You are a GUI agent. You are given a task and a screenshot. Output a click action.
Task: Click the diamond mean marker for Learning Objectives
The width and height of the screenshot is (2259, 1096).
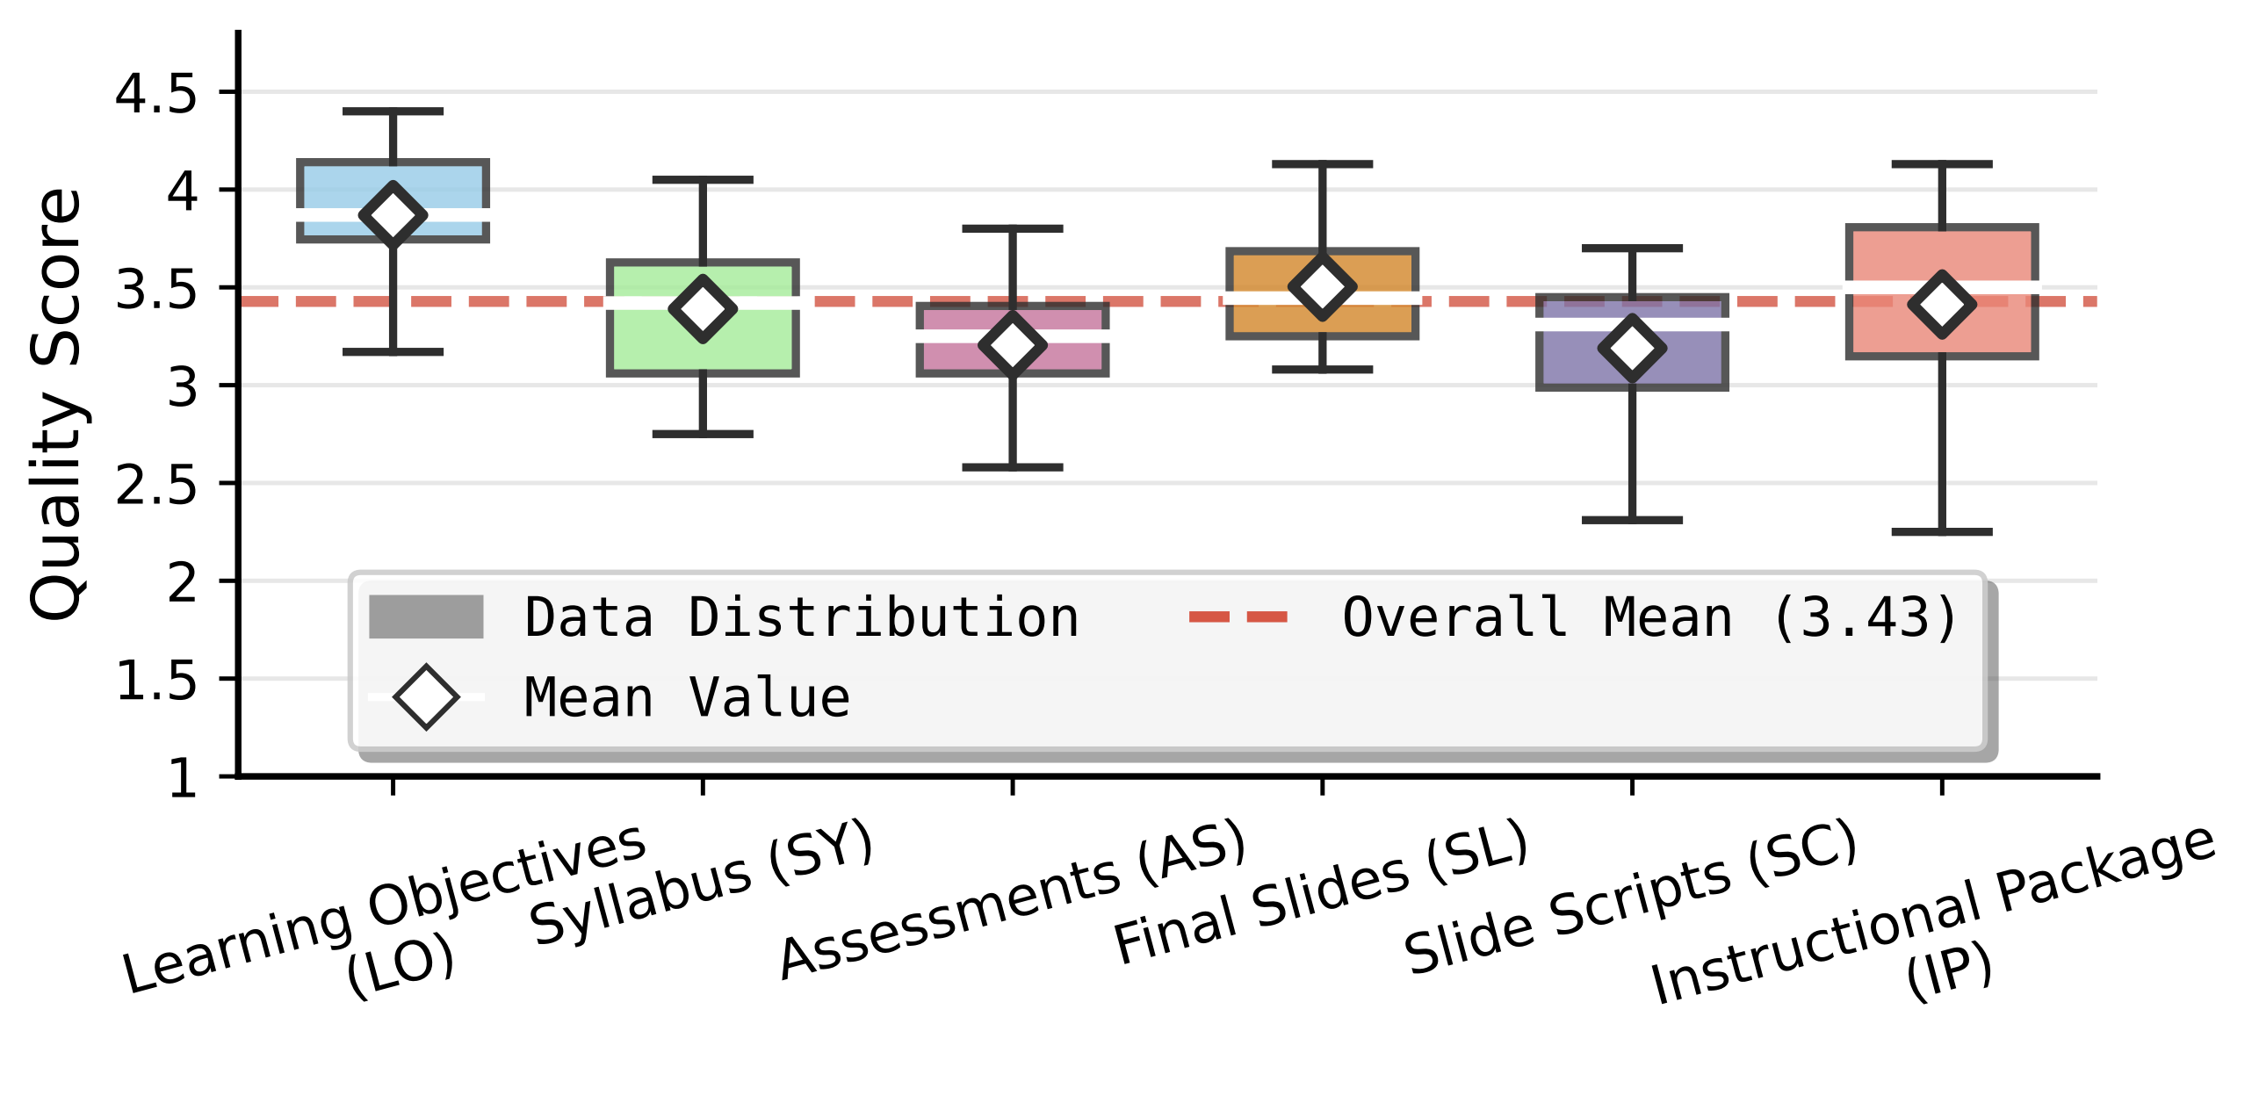pyautogui.click(x=393, y=215)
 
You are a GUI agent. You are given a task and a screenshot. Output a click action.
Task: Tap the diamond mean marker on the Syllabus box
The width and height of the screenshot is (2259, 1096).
pyautogui.click(x=703, y=308)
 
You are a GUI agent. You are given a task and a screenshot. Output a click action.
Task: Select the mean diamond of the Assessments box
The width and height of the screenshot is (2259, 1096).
pyautogui.click(x=1013, y=344)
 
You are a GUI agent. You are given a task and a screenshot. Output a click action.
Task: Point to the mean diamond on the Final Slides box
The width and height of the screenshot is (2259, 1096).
pyautogui.click(x=1322, y=287)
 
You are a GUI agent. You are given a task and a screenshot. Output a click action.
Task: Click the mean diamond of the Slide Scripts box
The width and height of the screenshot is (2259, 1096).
pyautogui.click(x=1632, y=349)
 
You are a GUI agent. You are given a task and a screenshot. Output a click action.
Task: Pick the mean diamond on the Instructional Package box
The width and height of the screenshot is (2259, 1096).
pyautogui.click(x=1942, y=305)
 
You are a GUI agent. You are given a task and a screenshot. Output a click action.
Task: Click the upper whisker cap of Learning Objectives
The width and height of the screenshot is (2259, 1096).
pyautogui.click(x=393, y=112)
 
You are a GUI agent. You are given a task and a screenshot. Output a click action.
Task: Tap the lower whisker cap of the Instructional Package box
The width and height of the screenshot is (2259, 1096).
pyautogui.click(x=1942, y=532)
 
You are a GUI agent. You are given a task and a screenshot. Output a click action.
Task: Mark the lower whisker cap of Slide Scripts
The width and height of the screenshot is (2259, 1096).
pyautogui.click(x=1632, y=521)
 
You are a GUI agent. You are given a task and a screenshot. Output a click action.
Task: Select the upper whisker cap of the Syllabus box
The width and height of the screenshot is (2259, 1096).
pyautogui.click(x=703, y=180)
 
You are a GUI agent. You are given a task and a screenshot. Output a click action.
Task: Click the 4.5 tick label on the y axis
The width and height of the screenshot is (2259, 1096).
pyautogui.click(x=156, y=93)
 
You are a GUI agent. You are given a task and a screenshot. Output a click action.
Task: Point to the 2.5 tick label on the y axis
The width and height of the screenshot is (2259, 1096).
pyautogui.click(x=156, y=485)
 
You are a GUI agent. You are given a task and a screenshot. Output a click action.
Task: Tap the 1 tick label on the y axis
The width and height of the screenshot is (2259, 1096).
pyautogui.click(x=183, y=778)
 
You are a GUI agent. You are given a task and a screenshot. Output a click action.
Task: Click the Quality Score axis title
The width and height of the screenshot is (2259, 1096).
pyautogui.click(x=56, y=404)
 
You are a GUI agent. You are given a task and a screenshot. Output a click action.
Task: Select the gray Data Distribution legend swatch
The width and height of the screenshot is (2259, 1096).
pyautogui.click(x=426, y=616)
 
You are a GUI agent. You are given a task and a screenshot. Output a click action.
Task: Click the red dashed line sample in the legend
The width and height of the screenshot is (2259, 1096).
pyautogui.click(x=1238, y=617)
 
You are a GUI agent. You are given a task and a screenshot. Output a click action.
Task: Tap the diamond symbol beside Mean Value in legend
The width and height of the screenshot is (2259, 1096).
pyautogui.click(x=426, y=697)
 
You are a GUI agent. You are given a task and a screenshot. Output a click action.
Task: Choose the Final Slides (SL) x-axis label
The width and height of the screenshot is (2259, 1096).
pyautogui.click(x=1322, y=891)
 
